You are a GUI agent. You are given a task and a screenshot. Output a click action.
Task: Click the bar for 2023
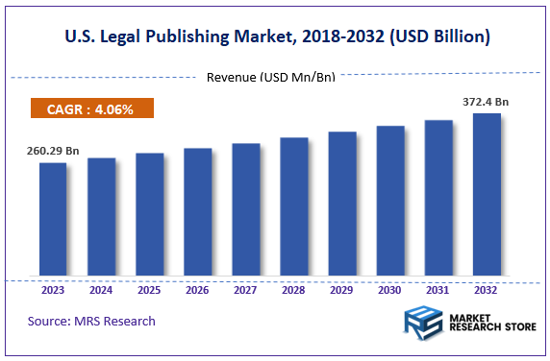(53, 219)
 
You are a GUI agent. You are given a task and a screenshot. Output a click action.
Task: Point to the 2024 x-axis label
(101, 289)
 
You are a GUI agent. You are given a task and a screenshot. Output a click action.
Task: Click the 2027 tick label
(245, 289)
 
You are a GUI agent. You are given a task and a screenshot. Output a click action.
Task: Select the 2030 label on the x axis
(390, 289)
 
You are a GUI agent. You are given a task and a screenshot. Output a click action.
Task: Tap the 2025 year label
(149, 289)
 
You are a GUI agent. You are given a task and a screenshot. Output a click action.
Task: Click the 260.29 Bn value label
(53, 150)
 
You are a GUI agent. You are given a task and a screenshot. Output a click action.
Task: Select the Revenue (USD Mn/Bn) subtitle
(270, 77)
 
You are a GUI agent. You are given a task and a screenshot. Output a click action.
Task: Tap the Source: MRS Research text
(91, 320)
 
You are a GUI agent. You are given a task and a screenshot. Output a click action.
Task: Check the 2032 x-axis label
(487, 289)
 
